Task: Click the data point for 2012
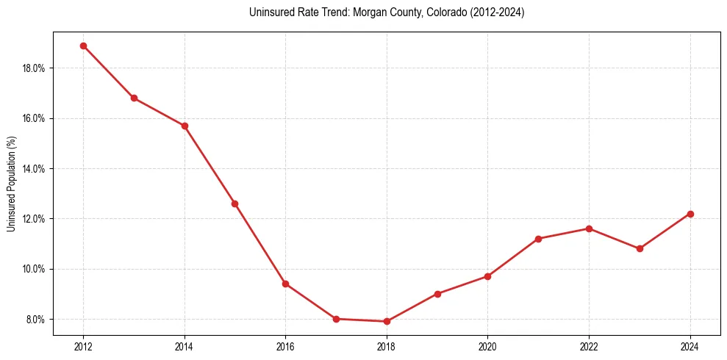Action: [83, 46]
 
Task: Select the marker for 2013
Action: [134, 98]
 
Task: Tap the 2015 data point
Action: [234, 204]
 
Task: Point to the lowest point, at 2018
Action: [387, 321]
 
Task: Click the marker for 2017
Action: [336, 319]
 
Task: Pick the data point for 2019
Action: [437, 294]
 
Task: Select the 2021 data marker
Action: [538, 239]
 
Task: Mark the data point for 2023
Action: [640, 248]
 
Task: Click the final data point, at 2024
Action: [690, 214]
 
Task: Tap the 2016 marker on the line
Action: [285, 284]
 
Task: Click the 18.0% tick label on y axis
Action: [35, 68]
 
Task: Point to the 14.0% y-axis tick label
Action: [35, 169]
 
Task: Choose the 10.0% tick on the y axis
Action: [35, 269]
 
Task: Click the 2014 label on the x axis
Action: [185, 347]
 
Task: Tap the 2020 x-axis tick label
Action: [487, 347]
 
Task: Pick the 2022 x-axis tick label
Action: [589, 347]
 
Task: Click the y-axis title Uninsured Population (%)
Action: [11, 184]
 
